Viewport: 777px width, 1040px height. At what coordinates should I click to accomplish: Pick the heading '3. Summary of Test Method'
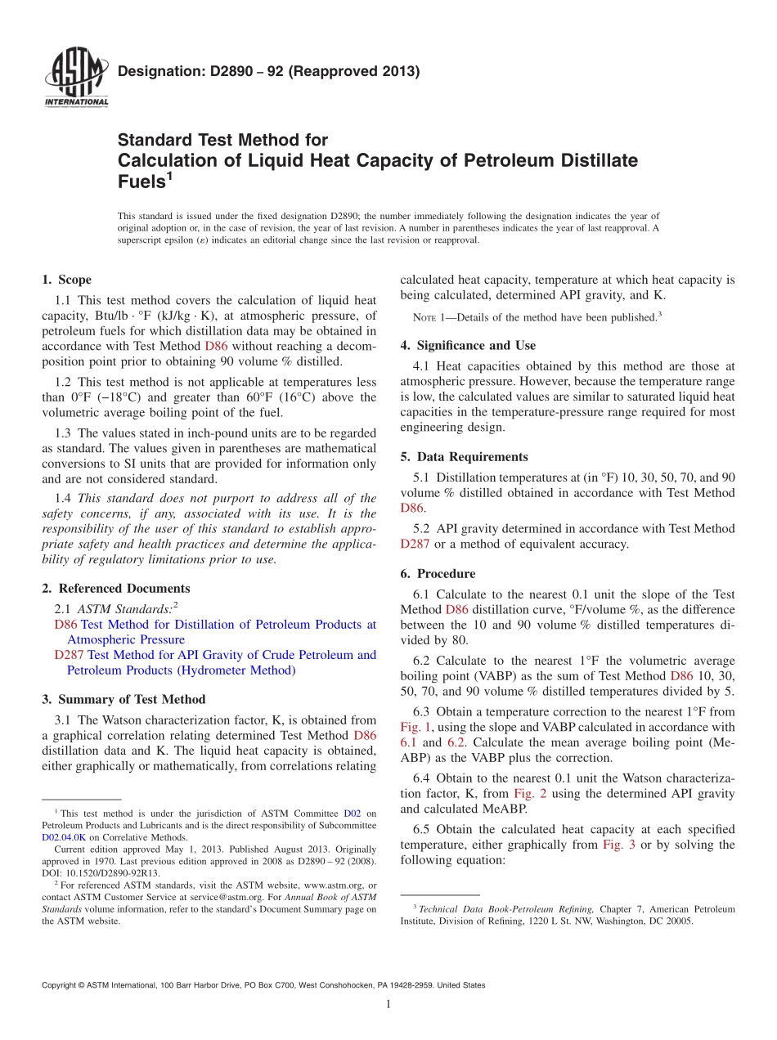124,700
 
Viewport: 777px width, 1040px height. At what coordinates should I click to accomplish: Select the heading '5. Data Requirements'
464,457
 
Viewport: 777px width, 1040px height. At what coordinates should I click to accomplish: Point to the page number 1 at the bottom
388,1004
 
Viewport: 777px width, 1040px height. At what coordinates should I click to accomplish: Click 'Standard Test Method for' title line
222,140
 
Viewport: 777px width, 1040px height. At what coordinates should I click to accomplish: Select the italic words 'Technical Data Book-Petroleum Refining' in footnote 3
505,909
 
